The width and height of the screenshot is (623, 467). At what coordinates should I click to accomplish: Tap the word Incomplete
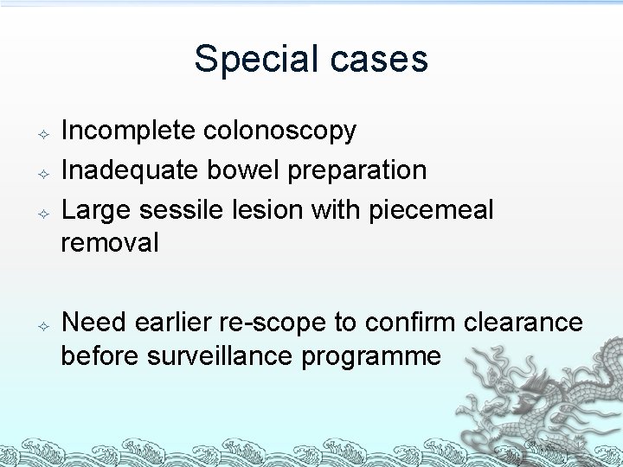pyautogui.click(x=129, y=131)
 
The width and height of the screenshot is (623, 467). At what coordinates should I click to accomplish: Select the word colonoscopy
pyautogui.click(x=279, y=131)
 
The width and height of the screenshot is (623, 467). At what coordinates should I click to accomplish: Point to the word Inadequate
pyautogui.click(x=129, y=170)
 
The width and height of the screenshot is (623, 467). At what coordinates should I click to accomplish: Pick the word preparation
pyautogui.click(x=357, y=171)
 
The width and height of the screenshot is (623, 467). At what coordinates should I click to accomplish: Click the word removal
pyautogui.click(x=110, y=243)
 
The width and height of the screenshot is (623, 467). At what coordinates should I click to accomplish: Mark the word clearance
pyautogui.click(x=523, y=323)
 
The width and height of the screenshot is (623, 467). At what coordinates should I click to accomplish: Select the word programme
pyautogui.click(x=371, y=356)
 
